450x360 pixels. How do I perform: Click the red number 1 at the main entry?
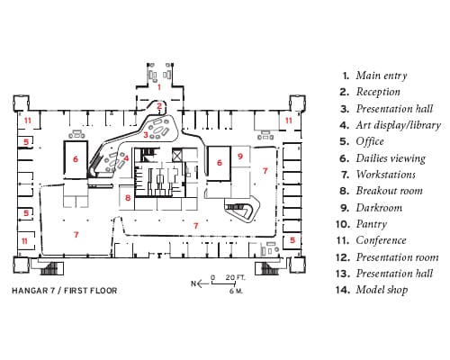pos(159,87)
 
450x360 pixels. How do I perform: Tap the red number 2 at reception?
pos(159,105)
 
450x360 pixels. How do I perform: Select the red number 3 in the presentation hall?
pos(146,135)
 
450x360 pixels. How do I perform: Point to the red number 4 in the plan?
pos(126,157)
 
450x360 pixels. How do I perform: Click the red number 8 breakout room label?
pos(128,198)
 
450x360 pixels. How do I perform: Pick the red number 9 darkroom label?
pos(240,157)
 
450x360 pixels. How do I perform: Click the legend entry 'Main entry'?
pos(382,76)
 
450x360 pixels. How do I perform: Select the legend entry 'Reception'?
pos(378,92)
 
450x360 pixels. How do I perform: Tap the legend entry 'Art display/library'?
pos(399,125)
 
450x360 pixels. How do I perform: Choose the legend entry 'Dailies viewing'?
pos(391,158)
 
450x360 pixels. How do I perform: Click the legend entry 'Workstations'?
pos(386,175)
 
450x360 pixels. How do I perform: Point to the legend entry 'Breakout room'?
pos(390,191)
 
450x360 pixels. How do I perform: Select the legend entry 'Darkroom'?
pos(379,208)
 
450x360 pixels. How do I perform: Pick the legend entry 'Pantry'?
pos(372,224)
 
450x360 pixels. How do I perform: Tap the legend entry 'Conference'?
pos(381,240)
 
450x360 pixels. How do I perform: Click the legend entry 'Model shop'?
pos(382,290)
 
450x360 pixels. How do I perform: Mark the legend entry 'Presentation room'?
pos(397,257)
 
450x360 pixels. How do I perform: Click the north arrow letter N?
pos(193,283)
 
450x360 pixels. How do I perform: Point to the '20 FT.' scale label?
pos(235,277)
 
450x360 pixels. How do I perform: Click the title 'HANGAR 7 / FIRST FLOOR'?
pos(65,291)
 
